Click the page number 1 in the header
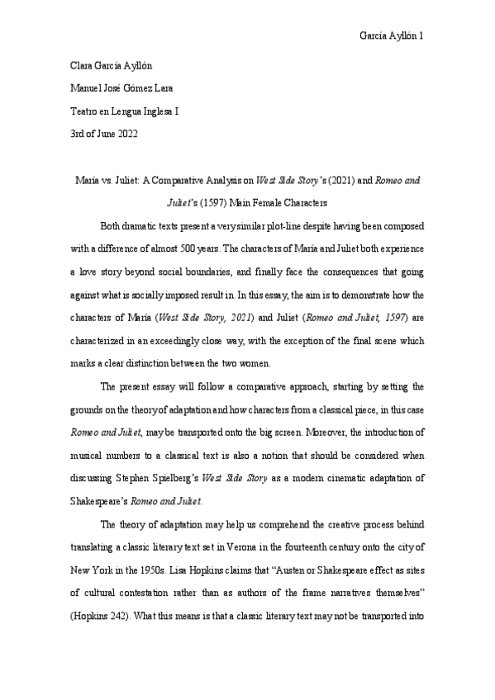pyautogui.click(x=422, y=37)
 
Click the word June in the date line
pyautogui.click(x=103, y=133)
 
